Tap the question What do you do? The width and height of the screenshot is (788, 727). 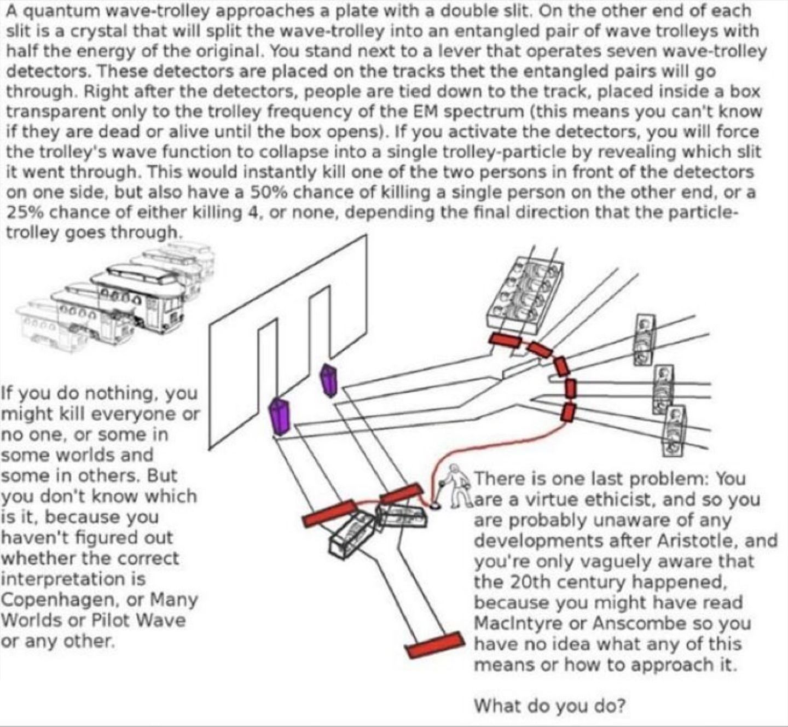[x=550, y=705]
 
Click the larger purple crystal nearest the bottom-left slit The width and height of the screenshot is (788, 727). [x=280, y=416]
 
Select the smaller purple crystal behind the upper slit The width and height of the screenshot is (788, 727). [x=328, y=381]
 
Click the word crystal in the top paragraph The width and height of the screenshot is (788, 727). [x=92, y=31]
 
